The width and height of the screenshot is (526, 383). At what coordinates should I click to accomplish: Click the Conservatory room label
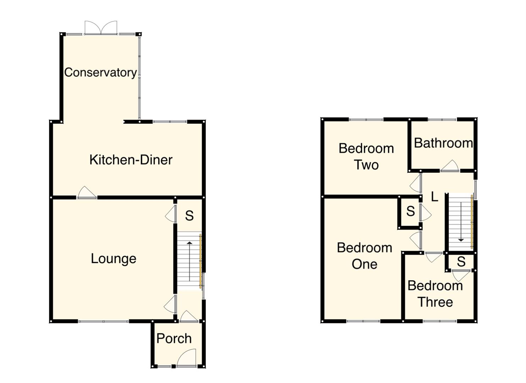click(x=100, y=72)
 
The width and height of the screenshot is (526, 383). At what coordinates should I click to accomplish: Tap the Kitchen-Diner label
click(x=131, y=160)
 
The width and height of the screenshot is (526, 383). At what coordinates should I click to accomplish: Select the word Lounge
click(x=113, y=259)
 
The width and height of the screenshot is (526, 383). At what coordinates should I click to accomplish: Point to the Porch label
click(x=174, y=339)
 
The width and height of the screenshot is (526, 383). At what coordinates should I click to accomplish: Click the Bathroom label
click(x=443, y=143)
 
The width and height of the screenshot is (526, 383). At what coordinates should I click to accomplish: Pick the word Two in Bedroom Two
click(x=366, y=165)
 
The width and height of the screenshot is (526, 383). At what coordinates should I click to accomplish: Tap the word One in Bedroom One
click(x=364, y=264)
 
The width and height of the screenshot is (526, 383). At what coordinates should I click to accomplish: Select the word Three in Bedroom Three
click(x=435, y=302)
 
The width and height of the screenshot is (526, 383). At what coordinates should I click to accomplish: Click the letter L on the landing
click(x=434, y=196)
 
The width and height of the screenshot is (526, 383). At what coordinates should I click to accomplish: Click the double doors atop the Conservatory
click(x=101, y=28)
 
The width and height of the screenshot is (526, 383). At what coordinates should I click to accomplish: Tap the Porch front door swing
click(x=187, y=357)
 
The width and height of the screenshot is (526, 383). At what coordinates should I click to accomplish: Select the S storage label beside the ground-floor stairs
click(x=189, y=216)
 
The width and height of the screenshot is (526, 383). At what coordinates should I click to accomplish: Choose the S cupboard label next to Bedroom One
click(x=410, y=211)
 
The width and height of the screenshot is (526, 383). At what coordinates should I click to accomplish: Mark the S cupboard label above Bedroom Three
click(x=461, y=262)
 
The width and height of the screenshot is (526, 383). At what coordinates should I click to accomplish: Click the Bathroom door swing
click(x=450, y=166)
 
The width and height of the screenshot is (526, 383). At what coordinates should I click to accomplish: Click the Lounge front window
click(x=103, y=321)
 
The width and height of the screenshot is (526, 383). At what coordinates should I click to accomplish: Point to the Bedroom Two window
click(x=366, y=120)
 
